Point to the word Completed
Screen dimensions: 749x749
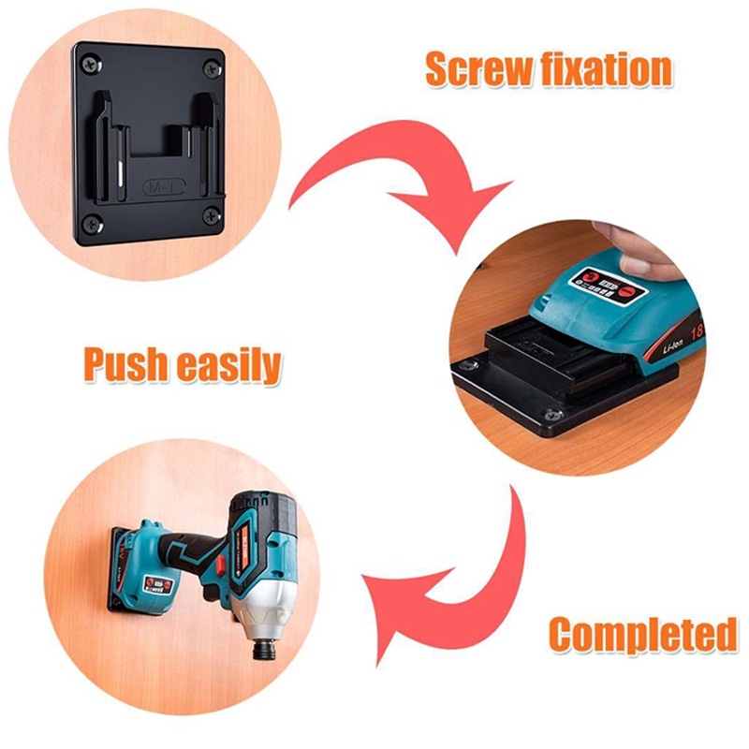coord(642,634)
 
